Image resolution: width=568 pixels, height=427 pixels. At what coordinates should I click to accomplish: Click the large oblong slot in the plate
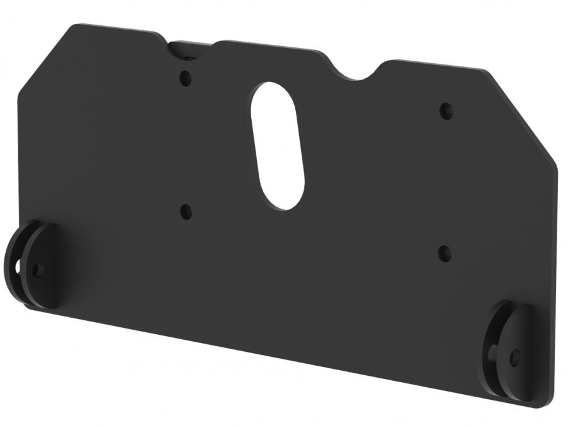(277, 145)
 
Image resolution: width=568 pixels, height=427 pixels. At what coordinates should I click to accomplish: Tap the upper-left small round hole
(185, 79)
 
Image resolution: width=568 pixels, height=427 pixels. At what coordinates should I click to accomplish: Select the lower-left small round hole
(186, 212)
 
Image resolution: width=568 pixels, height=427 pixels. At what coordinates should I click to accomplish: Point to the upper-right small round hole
(446, 111)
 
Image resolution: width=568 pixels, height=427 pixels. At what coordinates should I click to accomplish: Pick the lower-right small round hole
(445, 253)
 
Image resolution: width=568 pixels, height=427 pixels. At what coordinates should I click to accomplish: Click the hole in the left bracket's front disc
(35, 270)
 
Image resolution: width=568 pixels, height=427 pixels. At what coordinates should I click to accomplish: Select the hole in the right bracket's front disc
(515, 358)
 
